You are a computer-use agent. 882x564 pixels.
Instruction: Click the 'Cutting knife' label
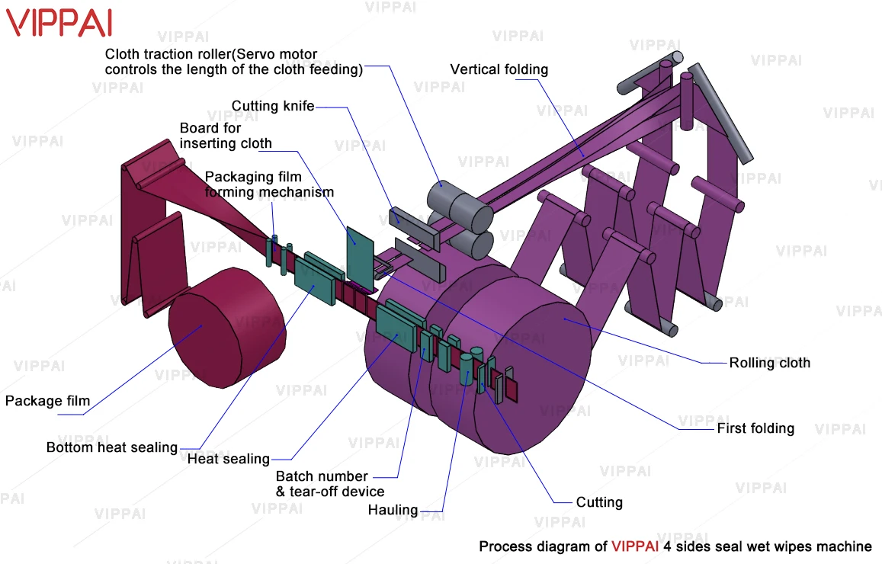click(x=273, y=106)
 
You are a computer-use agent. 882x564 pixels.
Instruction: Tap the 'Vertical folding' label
click(x=499, y=69)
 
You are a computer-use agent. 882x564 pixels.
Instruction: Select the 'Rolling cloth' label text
click(x=769, y=363)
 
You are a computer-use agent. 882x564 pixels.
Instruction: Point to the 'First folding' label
click(x=755, y=428)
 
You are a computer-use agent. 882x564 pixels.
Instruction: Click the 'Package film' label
click(x=47, y=401)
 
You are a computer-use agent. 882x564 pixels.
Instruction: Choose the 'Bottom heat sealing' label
click(x=111, y=447)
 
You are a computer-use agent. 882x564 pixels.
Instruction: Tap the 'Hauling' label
click(x=393, y=510)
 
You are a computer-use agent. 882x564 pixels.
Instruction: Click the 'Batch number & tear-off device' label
click(x=329, y=484)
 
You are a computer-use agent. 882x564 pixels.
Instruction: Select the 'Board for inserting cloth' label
click(x=225, y=135)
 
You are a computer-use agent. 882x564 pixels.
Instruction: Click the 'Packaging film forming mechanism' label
click(x=268, y=184)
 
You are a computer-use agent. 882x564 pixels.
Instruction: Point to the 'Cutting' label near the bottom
click(x=599, y=502)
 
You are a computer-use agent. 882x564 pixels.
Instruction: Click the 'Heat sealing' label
click(x=229, y=459)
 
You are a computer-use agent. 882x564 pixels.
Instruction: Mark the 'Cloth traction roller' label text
click(x=233, y=62)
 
